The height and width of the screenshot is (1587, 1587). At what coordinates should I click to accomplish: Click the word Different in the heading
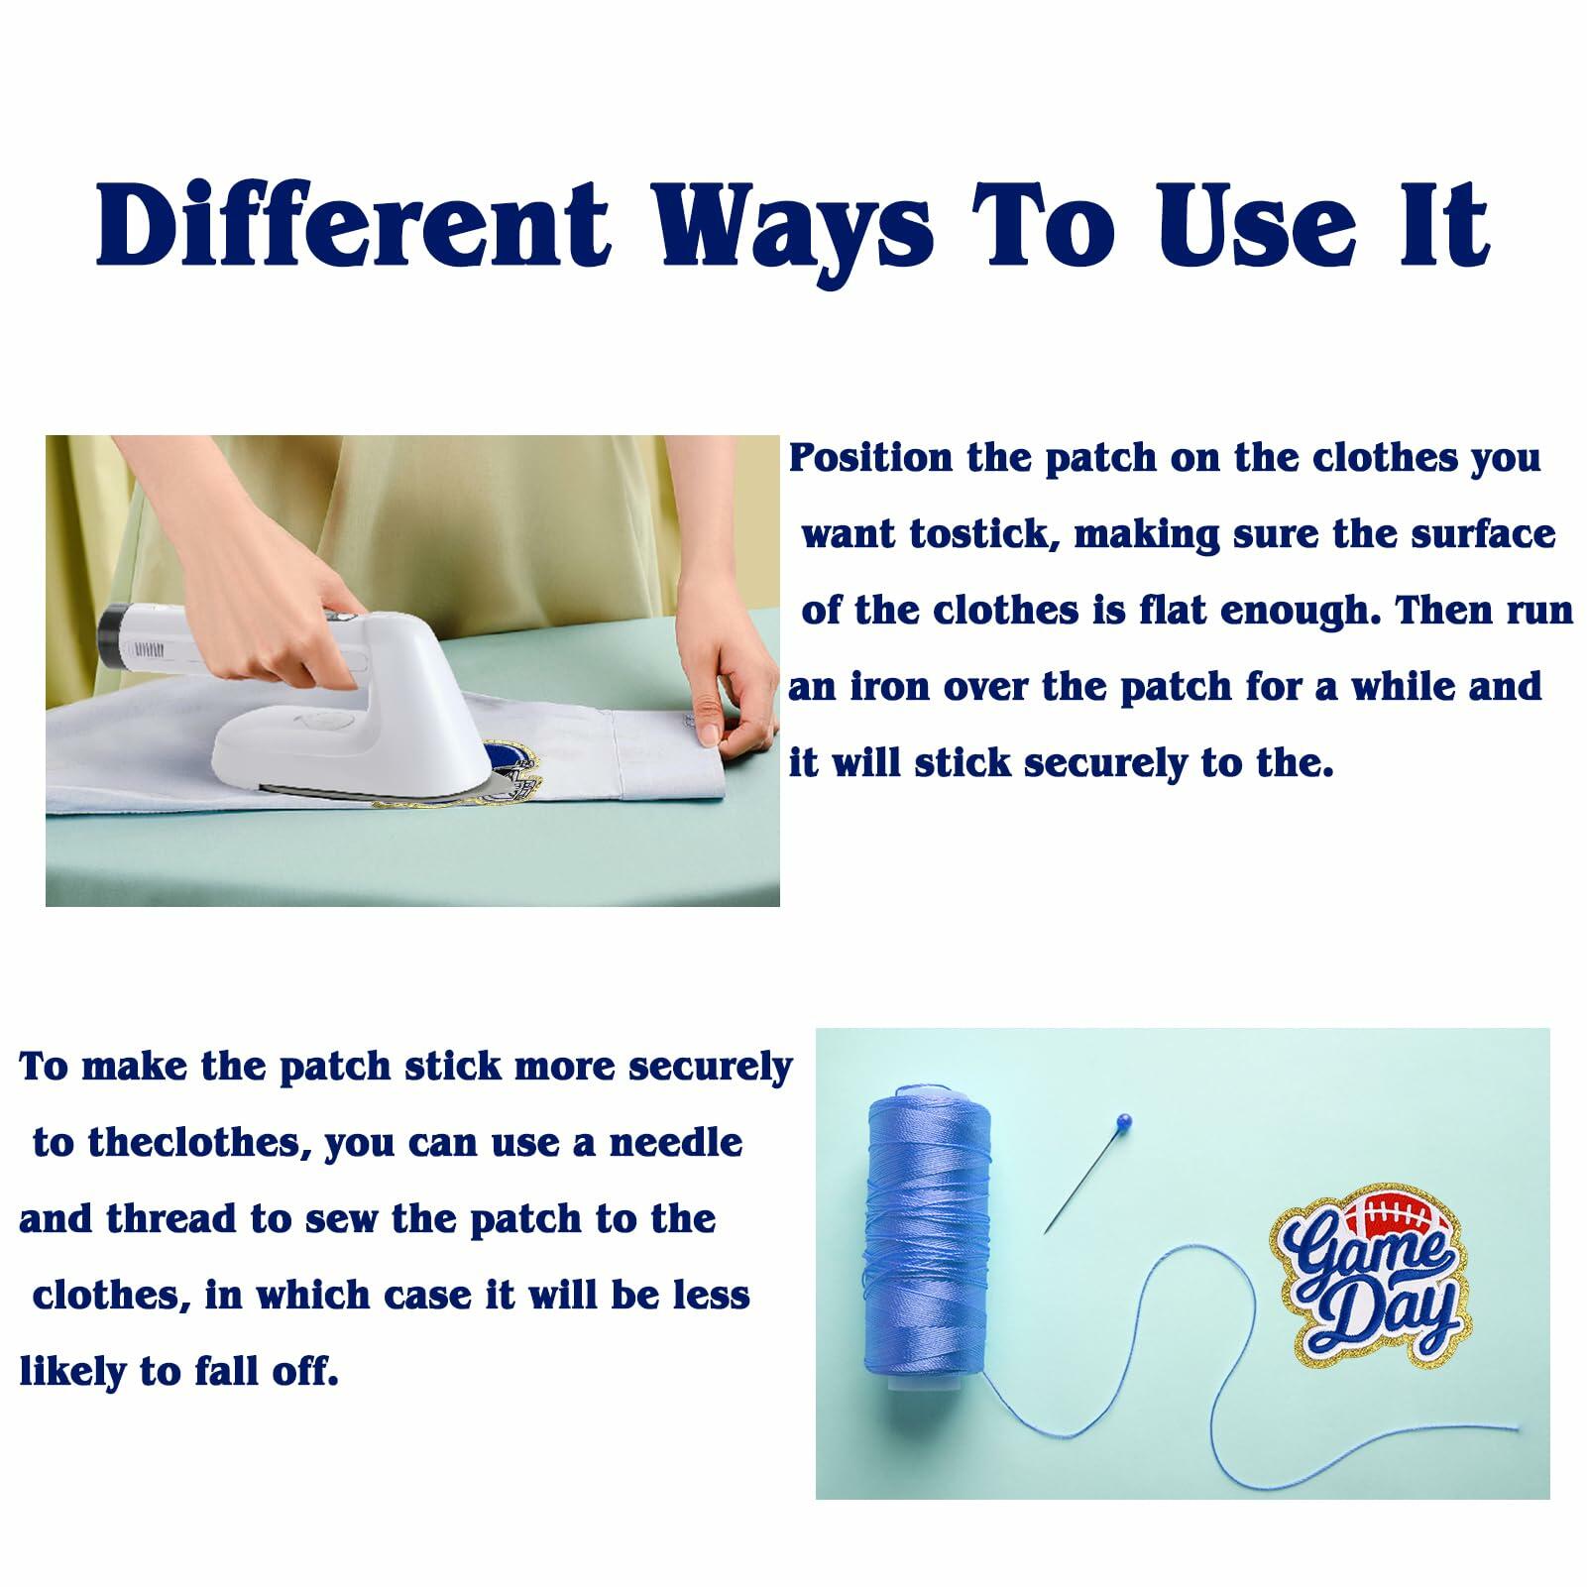(352, 224)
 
